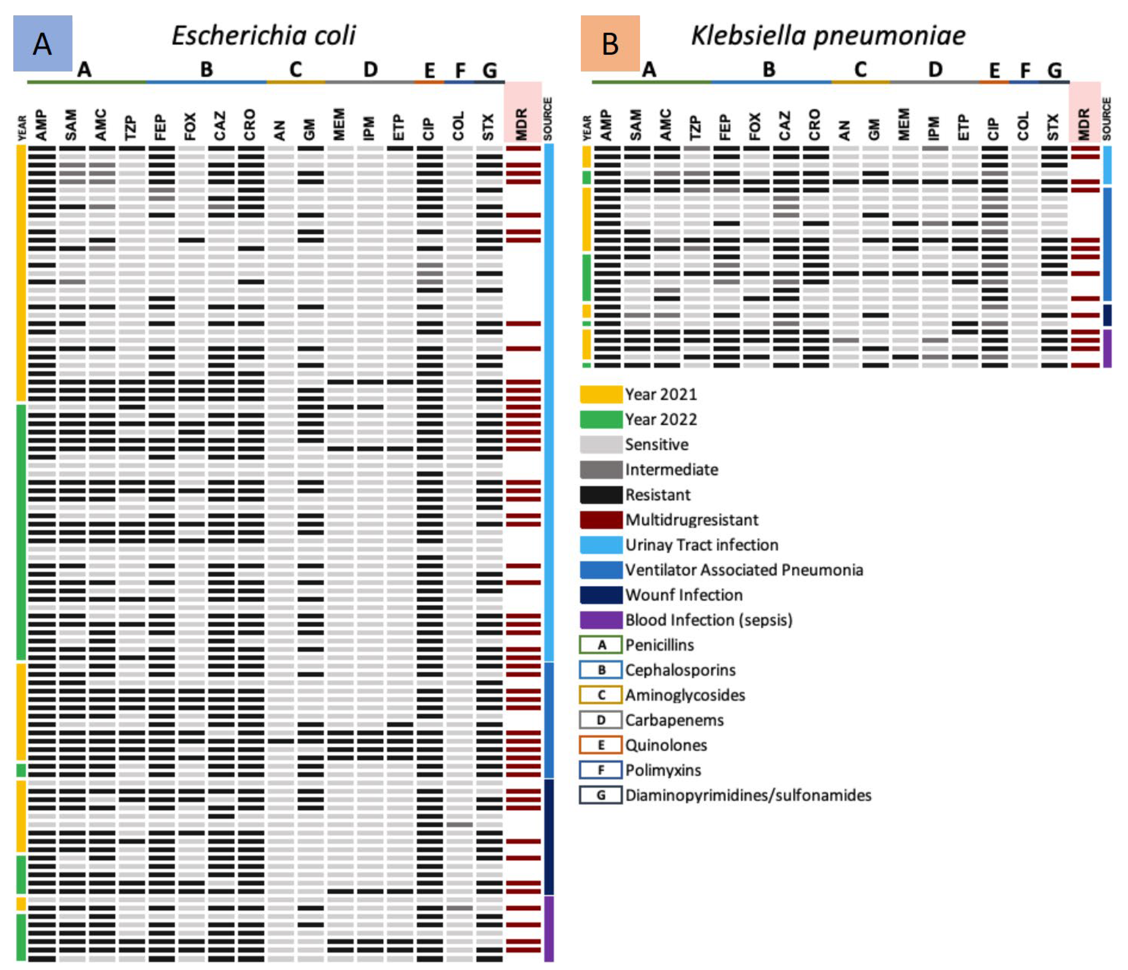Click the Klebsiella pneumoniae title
click(x=827, y=36)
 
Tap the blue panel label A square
click(x=42, y=43)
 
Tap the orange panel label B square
click(x=610, y=43)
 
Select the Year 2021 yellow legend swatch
click(x=600, y=394)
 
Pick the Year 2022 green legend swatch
click(x=600, y=419)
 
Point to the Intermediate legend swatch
click(x=600, y=469)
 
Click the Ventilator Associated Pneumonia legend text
click(x=744, y=570)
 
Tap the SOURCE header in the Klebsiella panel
click(x=1106, y=119)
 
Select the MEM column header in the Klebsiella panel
click(x=904, y=124)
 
